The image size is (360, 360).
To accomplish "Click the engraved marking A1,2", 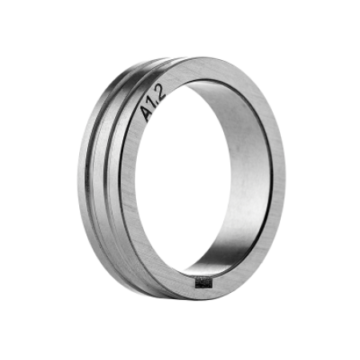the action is coord(154,103).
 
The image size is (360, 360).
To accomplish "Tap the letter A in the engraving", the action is coord(147,114).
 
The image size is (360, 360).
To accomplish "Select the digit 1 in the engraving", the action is coord(153,103).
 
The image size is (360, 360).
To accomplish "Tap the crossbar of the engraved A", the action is coord(148,114).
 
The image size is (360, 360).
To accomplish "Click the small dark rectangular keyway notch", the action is coord(204,283).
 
